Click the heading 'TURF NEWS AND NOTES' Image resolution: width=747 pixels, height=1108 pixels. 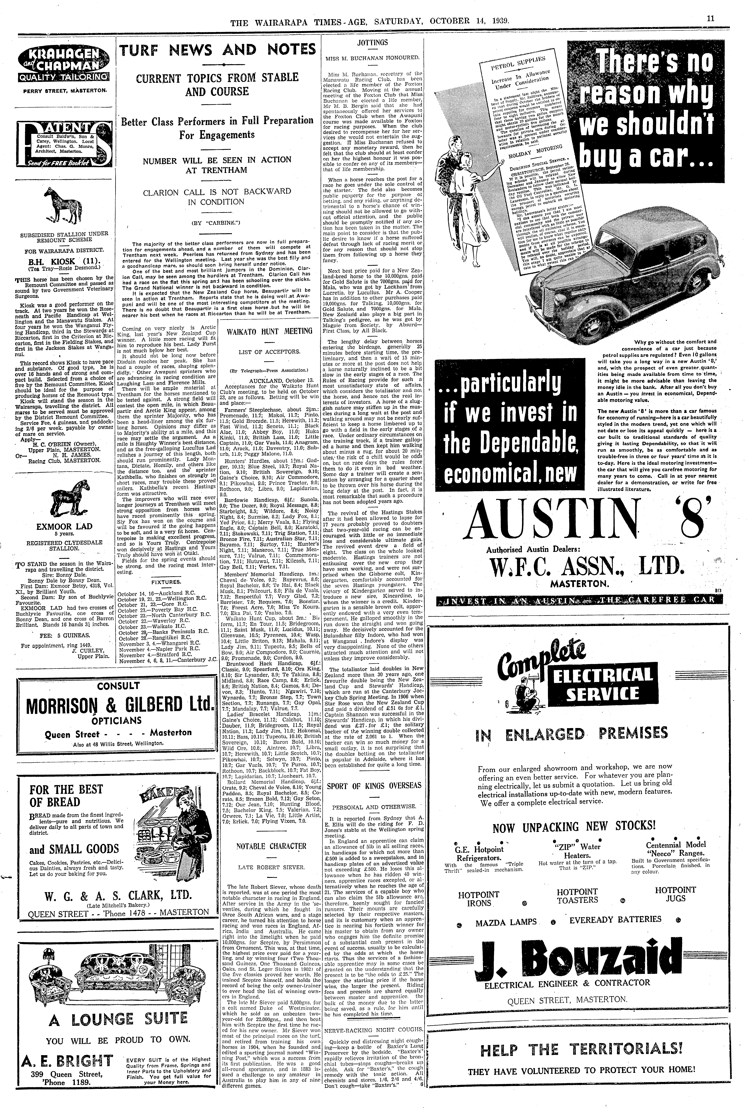(x=217, y=50)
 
